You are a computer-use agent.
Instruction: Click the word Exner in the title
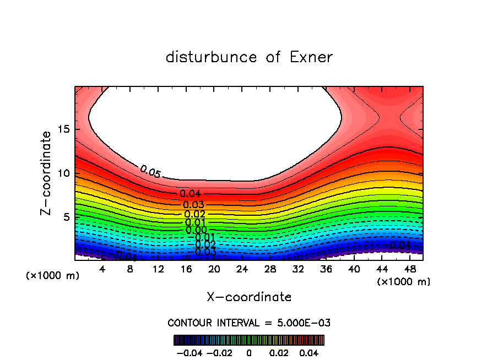(x=311, y=57)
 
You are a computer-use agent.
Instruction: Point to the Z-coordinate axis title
(x=47, y=173)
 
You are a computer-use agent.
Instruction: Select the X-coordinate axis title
(x=249, y=297)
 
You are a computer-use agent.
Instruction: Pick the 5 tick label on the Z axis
(x=66, y=217)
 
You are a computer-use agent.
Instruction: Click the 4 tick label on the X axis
(x=102, y=269)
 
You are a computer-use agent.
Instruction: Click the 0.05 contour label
(x=150, y=172)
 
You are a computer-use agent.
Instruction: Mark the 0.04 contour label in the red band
(x=191, y=194)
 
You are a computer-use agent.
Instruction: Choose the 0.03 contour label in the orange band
(x=194, y=205)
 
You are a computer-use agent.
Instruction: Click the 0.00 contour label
(x=196, y=230)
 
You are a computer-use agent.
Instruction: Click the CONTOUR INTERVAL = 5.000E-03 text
(x=249, y=323)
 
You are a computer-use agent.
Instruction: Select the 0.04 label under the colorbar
(x=308, y=352)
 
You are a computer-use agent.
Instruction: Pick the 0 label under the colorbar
(x=249, y=352)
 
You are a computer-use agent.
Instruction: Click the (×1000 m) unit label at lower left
(x=53, y=276)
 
